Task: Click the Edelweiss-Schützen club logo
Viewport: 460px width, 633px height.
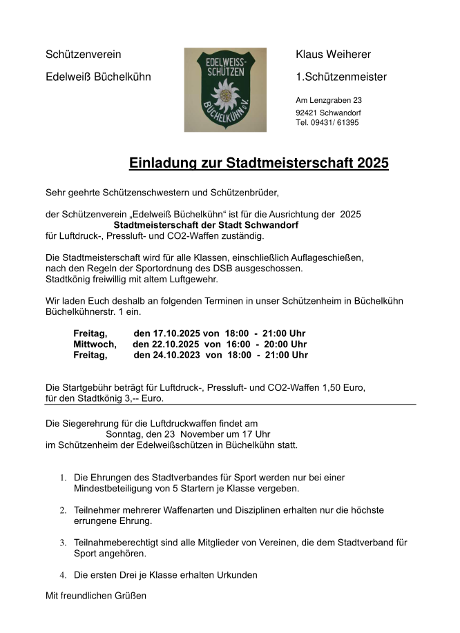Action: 225,89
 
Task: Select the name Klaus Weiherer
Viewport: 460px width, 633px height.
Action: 333,55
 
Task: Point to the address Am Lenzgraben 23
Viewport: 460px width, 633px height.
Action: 328,101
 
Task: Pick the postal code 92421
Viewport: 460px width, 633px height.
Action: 306,113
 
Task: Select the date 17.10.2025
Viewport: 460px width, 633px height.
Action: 179,333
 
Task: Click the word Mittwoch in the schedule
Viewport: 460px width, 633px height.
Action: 95,344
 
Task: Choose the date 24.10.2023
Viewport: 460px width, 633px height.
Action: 179,356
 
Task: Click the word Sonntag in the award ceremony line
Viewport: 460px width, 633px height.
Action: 124,434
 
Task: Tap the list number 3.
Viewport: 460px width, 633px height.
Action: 62,543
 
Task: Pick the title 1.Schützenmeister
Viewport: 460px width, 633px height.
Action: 341,77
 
